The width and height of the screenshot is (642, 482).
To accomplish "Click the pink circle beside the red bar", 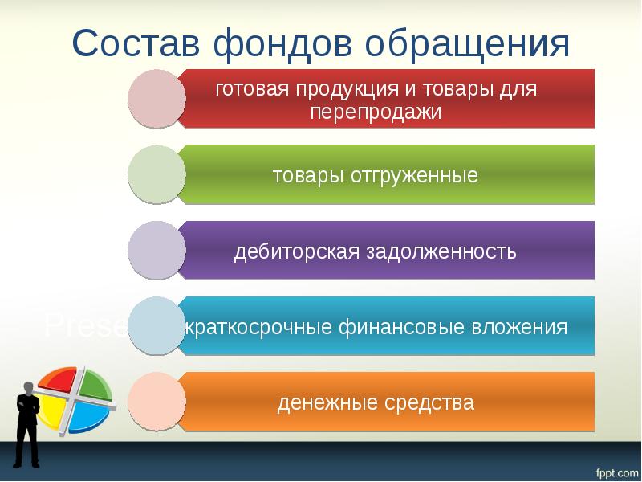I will [x=156, y=98].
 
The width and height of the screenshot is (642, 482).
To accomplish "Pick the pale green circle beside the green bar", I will [x=156, y=174].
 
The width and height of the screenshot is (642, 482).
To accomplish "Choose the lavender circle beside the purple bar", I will [x=156, y=250].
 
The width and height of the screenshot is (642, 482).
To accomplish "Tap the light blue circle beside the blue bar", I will [x=156, y=325].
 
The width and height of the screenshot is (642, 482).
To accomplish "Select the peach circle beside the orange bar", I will [x=156, y=401].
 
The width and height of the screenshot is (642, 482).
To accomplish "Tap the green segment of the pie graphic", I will [x=93, y=383].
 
